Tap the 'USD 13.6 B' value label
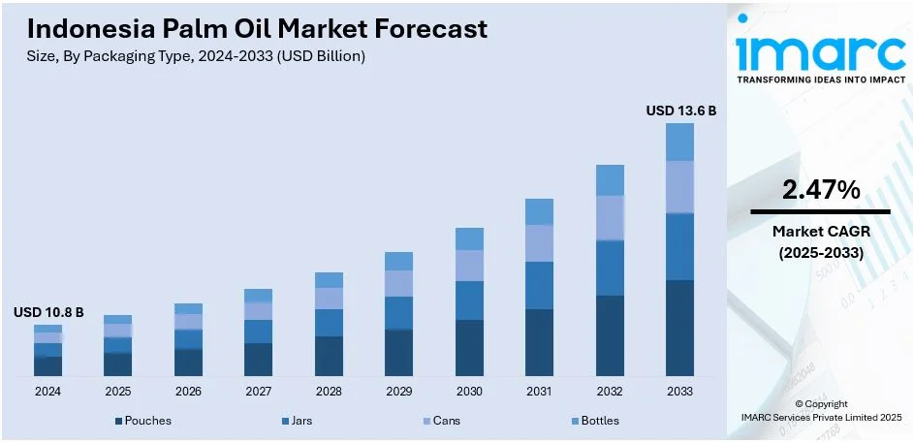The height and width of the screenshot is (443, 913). click(x=680, y=111)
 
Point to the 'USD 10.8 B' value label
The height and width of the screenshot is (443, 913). click(x=48, y=313)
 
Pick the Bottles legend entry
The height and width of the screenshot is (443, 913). click(x=593, y=421)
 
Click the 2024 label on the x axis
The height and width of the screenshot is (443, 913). click(x=47, y=392)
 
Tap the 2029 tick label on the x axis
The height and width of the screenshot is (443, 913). click(x=398, y=392)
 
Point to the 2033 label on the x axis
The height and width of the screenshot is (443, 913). click(x=679, y=392)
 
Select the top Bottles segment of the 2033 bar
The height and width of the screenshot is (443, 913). click(x=679, y=142)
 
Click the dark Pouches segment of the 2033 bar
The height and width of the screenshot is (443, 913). click(x=679, y=328)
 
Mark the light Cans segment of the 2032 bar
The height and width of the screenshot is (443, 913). click(x=610, y=218)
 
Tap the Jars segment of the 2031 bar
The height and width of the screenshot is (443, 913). click(x=539, y=285)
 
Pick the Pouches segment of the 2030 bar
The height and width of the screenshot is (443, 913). click(x=469, y=348)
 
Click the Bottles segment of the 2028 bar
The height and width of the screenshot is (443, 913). click(x=329, y=280)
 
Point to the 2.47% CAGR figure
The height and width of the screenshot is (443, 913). click(x=821, y=191)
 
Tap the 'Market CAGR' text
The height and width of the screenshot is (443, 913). click(x=821, y=232)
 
